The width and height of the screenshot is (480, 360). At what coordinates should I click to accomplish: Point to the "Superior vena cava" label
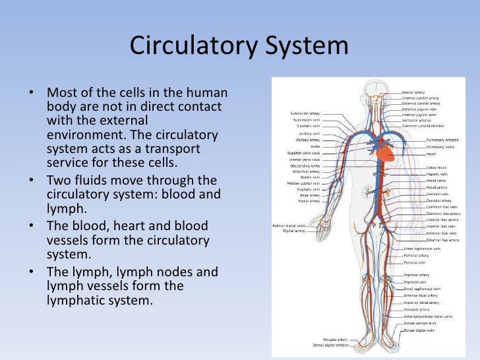tap(303, 153)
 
